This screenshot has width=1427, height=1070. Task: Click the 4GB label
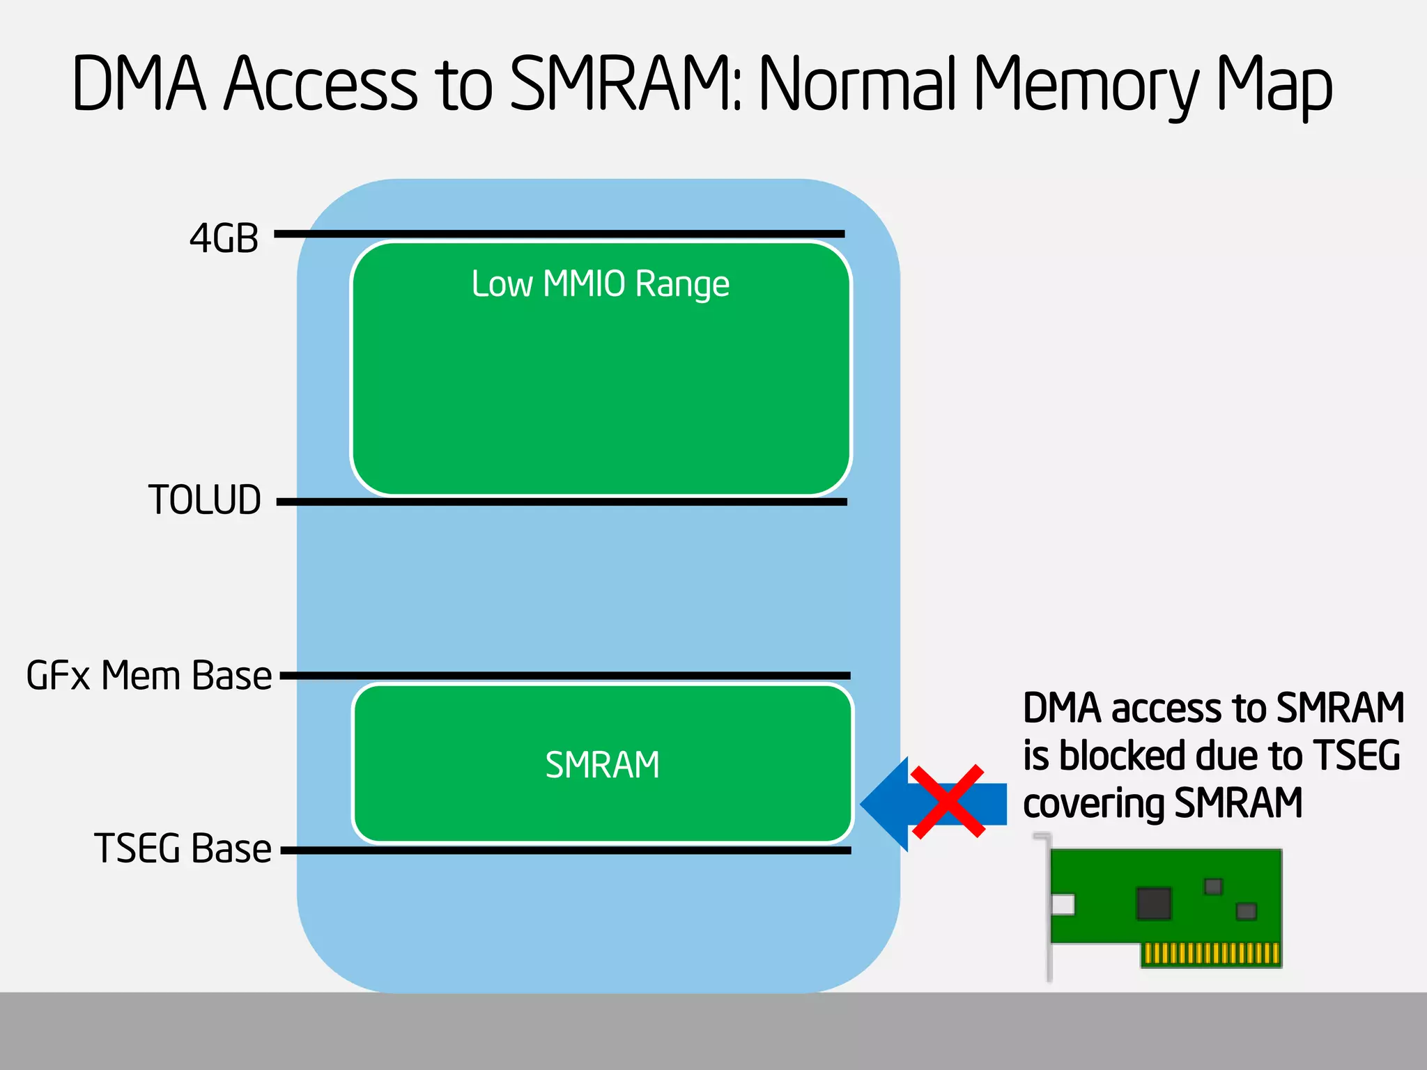coord(224,239)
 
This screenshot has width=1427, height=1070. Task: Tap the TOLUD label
coord(205,500)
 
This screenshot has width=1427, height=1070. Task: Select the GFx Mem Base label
coord(148,676)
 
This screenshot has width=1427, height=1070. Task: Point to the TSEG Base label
coord(183,848)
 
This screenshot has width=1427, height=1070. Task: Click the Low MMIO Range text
coord(600,284)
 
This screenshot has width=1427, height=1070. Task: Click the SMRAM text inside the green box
coord(602,765)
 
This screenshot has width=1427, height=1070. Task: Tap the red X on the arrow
coord(948,802)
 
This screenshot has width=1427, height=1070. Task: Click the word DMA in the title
coord(139,85)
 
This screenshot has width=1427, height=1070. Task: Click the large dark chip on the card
coord(1153,904)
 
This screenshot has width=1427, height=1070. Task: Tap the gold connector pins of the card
coord(1211,953)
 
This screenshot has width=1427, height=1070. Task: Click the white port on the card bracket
coord(1063,905)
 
